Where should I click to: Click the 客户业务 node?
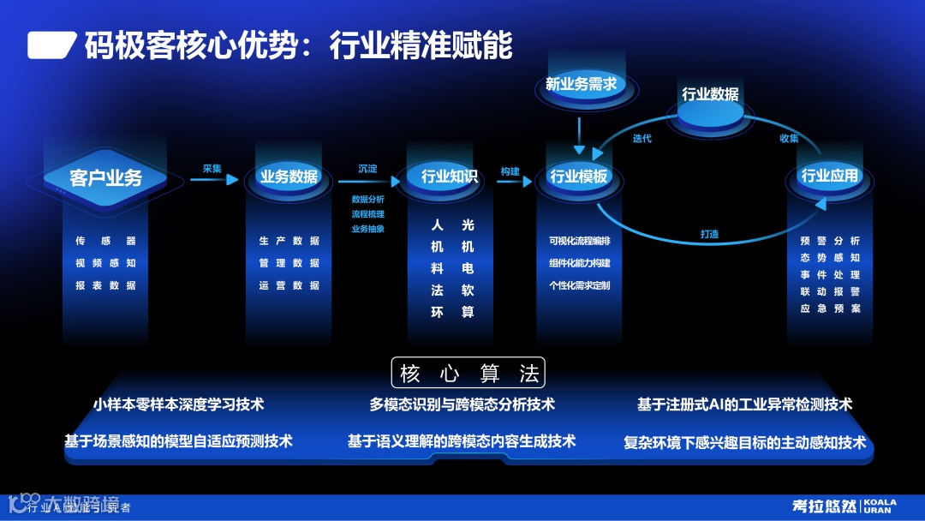coord(106,178)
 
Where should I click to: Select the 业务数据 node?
coord(289,177)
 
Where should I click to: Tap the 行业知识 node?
coord(450,177)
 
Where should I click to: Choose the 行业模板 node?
coord(579,177)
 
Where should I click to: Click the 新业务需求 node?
coord(581,84)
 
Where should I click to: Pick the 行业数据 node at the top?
coord(710,95)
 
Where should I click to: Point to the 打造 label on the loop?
coord(710,233)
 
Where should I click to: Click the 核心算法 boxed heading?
coord(468,374)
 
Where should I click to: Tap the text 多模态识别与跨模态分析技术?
coord(462,404)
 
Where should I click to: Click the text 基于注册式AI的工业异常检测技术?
coord(744,404)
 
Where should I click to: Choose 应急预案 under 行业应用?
coord(830,308)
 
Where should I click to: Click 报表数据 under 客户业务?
coord(105,285)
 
